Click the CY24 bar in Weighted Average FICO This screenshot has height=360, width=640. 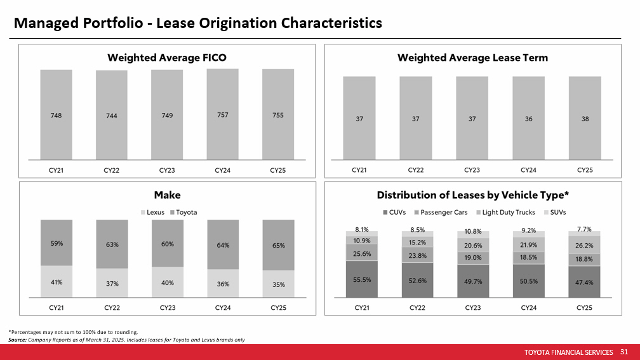(222, 114)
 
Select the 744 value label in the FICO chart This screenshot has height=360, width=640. (112, 116)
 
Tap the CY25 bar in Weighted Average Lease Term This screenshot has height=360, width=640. (584, 119)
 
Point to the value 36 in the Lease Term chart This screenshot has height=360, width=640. (528, 119)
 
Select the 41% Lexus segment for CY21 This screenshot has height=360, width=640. (57, 283)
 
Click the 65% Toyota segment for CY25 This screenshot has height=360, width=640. (278, 245)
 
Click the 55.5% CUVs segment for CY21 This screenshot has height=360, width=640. (361, 279)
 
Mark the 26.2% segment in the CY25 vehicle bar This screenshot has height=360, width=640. (584, 245)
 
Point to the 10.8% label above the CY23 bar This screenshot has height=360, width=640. (472, 232)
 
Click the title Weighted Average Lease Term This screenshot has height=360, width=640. (472, 58)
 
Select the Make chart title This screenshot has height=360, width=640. (167, 195)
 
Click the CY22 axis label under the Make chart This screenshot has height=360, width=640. (112, 307)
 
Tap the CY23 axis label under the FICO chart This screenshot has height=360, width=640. (167, 170)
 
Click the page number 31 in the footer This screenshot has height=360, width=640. (623, 352)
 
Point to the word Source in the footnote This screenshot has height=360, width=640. (17, 340)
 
